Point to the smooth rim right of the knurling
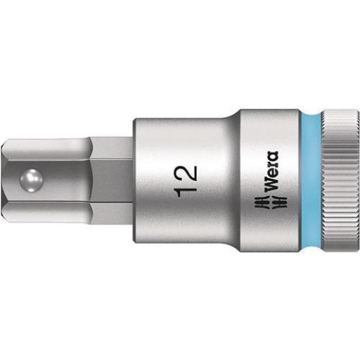356,180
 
